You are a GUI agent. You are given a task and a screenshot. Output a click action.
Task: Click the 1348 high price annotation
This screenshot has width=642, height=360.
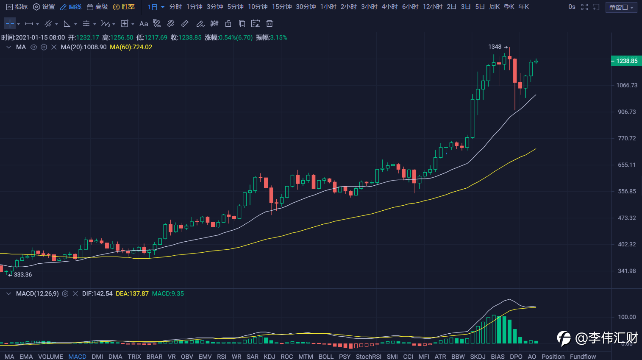(495, 47)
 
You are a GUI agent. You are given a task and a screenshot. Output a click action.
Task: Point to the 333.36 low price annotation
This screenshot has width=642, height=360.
(22, 275)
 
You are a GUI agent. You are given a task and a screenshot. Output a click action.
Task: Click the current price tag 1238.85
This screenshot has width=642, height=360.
(626, 61)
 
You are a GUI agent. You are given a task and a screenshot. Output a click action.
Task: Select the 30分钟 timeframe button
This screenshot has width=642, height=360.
(306, 7)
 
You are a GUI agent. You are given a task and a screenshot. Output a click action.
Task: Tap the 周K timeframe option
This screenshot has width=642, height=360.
(494, 7)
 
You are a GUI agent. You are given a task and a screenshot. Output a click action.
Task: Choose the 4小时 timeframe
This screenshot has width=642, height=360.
(389, 7)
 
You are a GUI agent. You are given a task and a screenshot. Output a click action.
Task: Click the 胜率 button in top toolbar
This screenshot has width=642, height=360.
(124, 7)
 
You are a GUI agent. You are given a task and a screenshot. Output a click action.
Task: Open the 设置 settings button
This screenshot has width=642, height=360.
(44, 7)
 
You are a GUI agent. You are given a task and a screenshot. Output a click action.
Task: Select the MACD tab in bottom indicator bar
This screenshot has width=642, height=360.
(77, 357)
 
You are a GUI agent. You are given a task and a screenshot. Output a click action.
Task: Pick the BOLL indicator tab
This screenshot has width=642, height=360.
(326, 357)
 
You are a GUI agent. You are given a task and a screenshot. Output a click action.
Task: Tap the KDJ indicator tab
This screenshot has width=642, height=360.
(269, 357)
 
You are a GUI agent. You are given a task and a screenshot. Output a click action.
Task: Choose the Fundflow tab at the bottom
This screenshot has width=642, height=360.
(583, 357)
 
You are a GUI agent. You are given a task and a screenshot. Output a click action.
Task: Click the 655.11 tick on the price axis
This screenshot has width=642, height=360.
(627, 165)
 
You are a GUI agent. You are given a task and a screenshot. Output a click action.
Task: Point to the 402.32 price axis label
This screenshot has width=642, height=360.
(627, 244)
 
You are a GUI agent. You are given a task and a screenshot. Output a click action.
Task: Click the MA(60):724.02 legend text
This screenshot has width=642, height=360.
(131, 47)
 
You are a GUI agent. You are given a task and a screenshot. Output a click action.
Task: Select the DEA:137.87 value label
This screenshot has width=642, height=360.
(132, 293)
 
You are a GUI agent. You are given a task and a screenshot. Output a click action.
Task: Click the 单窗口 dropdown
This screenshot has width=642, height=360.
(621, 7)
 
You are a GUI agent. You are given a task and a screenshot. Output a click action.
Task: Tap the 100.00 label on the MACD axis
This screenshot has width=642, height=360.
(627, 317)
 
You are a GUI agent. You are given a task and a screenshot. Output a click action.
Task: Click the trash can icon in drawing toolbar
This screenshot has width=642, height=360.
(269, 24)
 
